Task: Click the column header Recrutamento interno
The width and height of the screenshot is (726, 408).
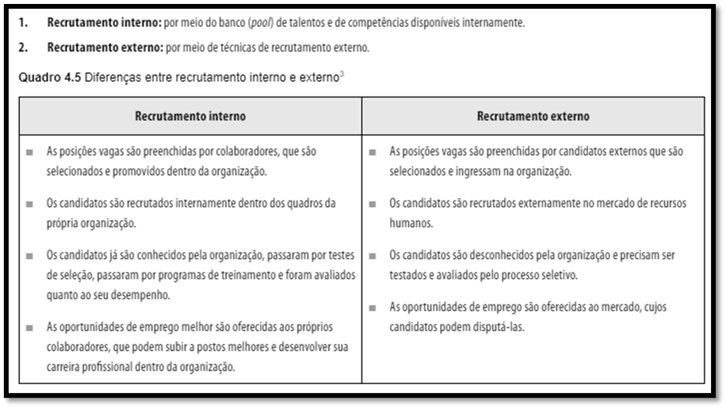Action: (x=190, y=116)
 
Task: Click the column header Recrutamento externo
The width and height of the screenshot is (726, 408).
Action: (x=533, y=116)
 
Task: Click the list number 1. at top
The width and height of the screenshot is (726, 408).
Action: (x=24, y=23)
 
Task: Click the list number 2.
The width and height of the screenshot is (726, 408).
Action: (x=24, y=48)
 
